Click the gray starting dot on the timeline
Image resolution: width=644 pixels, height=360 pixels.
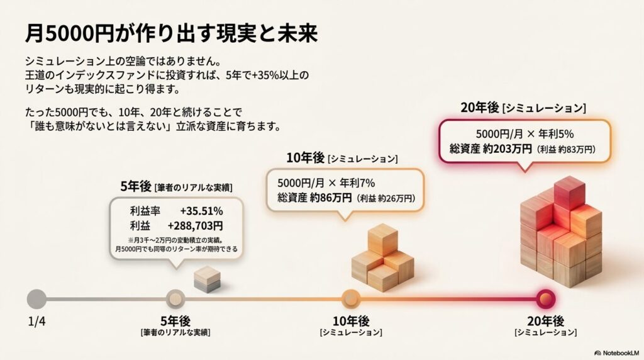(37, 298)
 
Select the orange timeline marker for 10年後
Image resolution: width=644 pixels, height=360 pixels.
(350, 298)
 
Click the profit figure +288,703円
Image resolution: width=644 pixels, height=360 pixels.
(195, 225)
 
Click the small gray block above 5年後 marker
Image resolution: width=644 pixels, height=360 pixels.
(208, 278)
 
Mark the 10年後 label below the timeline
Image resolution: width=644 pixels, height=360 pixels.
(350, 320)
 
